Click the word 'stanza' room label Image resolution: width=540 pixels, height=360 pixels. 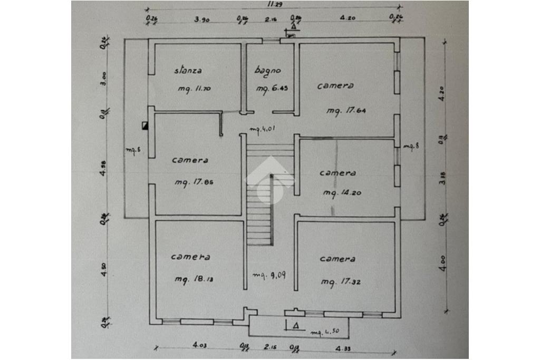[188, 70]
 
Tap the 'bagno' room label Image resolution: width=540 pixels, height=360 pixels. [267, 70]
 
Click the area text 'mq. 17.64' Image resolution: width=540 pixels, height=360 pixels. [346, 111]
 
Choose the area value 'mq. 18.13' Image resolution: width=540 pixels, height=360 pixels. [194, 279]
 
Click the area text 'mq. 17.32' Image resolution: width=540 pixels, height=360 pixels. [341, 283]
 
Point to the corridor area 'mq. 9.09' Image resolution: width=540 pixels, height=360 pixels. [269, 275]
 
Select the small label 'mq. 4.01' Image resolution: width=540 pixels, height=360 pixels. [263, 129]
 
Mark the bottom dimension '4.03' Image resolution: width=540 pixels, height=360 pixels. [199, 345]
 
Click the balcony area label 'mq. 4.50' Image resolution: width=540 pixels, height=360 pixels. [324, 333]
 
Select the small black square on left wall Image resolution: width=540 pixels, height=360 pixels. [145, 126]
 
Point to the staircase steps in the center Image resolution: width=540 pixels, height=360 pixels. [261, 211]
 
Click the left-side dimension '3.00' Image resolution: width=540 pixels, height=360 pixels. [104, 79]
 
